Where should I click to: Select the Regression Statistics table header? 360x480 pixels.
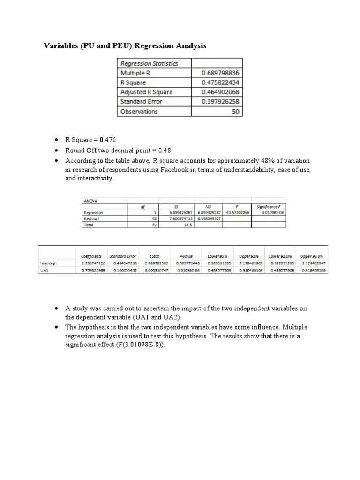click(x=149, y=63)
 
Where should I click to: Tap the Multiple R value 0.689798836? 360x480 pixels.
click(x=220, y=73)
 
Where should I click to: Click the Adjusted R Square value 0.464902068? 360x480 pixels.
click(x=220, y=92)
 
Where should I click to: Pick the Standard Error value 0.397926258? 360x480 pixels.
click(x=220, y=102)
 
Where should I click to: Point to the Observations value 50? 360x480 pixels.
click(x=235, y=112)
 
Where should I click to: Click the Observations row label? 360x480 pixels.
click(x=139, y=112)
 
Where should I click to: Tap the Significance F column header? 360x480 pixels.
click(x=268, y=206)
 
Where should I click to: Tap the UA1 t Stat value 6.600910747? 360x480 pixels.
click(x=154, y=271)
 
